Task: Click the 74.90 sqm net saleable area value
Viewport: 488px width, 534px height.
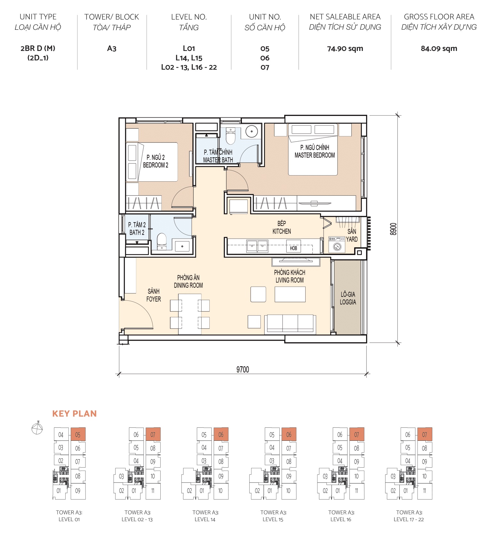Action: pos(345,49)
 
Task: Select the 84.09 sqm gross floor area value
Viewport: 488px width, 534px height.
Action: pos(439,49)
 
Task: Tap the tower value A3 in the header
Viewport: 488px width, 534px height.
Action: pos(111,49)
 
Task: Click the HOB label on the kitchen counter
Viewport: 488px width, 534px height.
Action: pos(293,248)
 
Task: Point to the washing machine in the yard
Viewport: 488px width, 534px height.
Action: pos(337,246)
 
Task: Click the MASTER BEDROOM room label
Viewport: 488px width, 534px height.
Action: pos(315,155)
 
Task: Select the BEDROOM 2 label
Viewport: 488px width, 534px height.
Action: pos(156,165)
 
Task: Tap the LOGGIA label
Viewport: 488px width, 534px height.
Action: pos(348,301)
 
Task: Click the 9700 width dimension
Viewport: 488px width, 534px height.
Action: pos(243,369)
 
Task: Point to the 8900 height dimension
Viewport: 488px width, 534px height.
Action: pos(393,229)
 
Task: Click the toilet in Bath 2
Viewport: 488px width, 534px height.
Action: pos(162,241)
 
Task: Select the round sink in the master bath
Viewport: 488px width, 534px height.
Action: pos(252,131)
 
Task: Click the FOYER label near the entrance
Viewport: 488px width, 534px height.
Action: pos(154,299)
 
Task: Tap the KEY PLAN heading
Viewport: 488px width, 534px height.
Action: pos(74,414)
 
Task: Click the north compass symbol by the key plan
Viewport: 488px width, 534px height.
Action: pos(37,428)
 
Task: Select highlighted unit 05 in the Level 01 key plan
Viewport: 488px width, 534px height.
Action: pos(78,435)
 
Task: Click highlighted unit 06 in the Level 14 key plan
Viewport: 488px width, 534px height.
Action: pos(221,435)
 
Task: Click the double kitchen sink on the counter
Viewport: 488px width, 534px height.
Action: pos(257,246)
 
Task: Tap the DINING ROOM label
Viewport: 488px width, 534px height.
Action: pos(188,285)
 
